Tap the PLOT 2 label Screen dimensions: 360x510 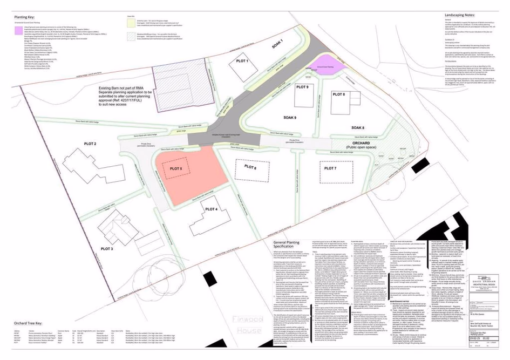(x=90, y=144)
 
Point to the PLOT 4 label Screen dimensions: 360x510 (x=212, y=209)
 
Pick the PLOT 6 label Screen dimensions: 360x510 (x=250, y=167)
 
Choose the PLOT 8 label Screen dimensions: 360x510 (x=339, y=95)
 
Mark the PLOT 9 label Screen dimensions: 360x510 (x=303, y=87)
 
